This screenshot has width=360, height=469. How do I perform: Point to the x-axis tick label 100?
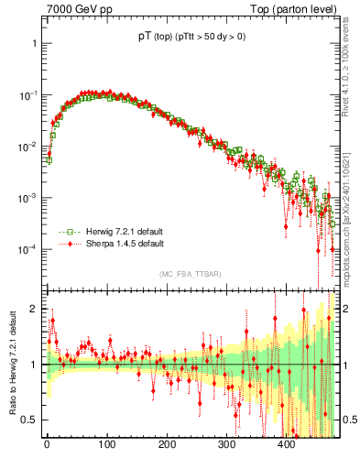pos(106,445)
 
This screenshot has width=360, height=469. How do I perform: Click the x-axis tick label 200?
pos(167,445)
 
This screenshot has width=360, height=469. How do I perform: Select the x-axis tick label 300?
pos(226,445)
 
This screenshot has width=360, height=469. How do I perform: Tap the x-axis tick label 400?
pos(286,445)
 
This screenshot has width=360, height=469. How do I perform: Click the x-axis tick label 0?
pos(47,445)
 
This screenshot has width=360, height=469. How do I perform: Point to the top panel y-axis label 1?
pos(35,44)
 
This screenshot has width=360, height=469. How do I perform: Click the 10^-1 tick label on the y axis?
pos(29,95)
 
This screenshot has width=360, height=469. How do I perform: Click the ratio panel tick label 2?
pos(35,309)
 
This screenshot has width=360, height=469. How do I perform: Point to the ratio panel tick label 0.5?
pos(31,420)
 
